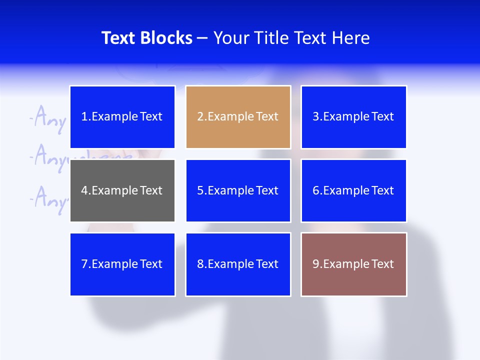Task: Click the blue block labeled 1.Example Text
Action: pyautogui.click(x=122, y=117)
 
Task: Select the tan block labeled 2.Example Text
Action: pyautogui.click(x=238, y=117)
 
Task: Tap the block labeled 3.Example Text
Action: pyautogui.click(x=353, y=117)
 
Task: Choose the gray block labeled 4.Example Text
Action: pyautogui.click(x=122, y=190)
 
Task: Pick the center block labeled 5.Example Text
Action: pyautogui.click(x=238, y=190)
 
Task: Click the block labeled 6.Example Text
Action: pyautogui.click(x=353, y=190)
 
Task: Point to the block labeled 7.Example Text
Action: pyautogui.click(x=122, y=264)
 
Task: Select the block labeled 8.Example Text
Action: pyautogui.click(x=238, y=264)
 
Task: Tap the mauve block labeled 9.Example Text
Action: pyautogui.click(x=353, y=264)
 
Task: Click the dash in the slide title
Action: pyautogui.click(x=202, y=38)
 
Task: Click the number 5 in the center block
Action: pyautogui.click(x=200, y=190)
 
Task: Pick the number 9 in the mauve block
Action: pyautogui.click(x=316, y=264)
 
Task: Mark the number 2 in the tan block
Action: pyautogui.click(x=200, y=117)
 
